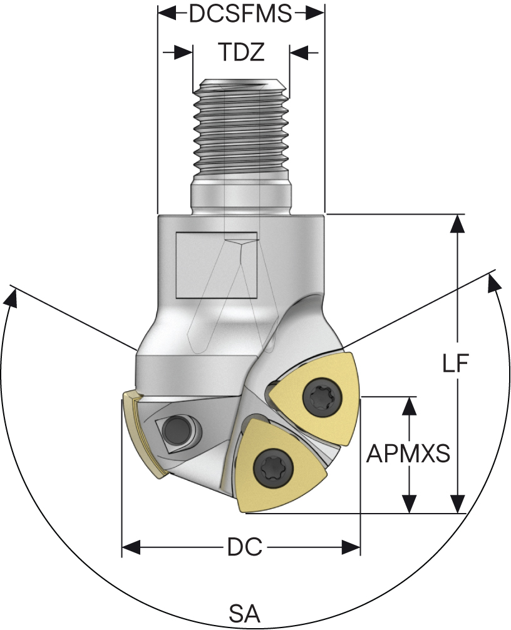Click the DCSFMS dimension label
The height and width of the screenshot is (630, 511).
click(x=240, y=14)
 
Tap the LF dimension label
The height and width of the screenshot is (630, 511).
click(x=457, y=365)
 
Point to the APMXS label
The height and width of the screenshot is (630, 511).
click(x=408, y=454)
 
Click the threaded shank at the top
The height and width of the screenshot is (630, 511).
click(x=240, y=125)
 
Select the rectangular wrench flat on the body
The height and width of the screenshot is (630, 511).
click(x=216, y=265)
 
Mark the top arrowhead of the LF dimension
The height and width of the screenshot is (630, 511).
click(x=458, y=223)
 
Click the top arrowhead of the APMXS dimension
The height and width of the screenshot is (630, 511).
click(x=410, y=405)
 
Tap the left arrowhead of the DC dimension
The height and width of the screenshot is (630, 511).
click(x=130, y=549)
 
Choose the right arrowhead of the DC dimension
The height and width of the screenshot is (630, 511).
click(x=352, y=549)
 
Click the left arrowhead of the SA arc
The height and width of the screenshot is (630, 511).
click(x=11, y=298)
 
